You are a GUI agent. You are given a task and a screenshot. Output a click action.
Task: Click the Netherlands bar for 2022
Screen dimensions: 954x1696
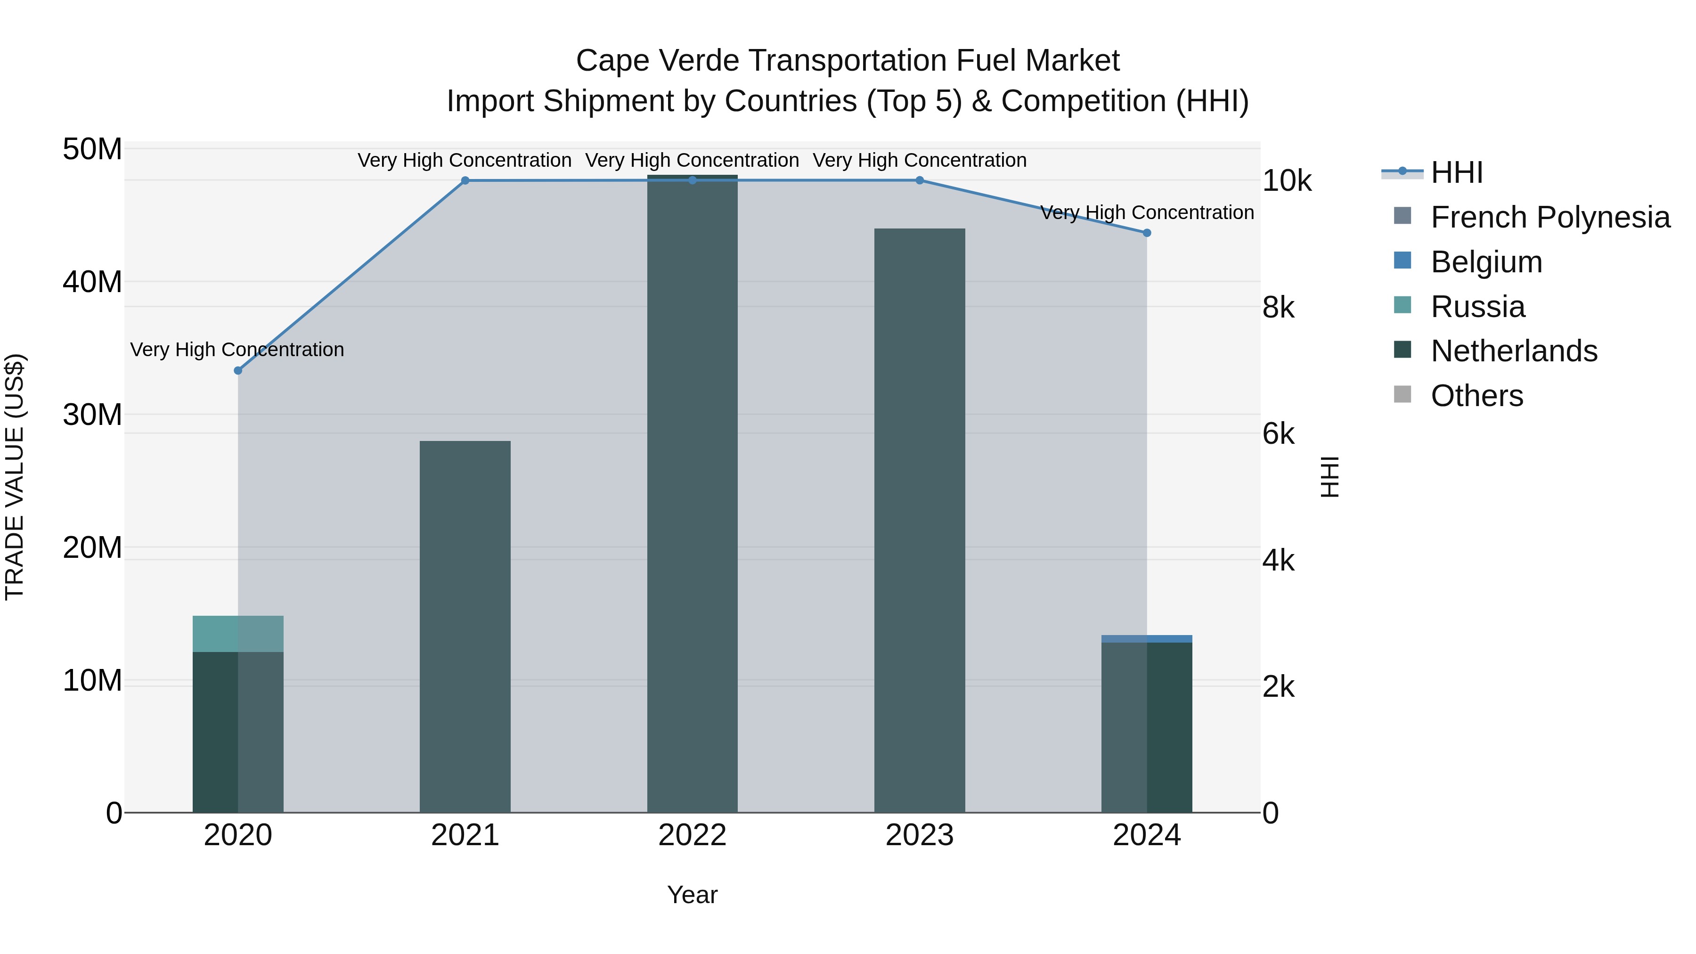pos(692,494)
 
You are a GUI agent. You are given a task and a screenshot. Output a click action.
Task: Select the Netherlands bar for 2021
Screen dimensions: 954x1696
pos(465,626)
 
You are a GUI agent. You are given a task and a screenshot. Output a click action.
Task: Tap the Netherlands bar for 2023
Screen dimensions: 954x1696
pos(919,520)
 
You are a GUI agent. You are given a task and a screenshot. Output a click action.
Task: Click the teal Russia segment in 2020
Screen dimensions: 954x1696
pos(238,633)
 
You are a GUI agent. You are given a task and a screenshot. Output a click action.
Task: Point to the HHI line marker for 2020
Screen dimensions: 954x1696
pos(238,371)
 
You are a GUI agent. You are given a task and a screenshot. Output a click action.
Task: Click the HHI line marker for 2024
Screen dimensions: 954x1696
pos(1146,232)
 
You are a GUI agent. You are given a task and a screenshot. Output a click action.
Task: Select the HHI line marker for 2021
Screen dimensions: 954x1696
pos(465,180)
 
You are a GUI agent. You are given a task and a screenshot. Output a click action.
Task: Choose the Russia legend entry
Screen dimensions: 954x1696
pos(1477,307)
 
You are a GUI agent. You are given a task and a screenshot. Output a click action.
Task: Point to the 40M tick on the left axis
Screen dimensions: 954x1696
pos(92,282)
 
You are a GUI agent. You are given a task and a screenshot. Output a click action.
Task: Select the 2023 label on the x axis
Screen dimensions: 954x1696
pos(919,835)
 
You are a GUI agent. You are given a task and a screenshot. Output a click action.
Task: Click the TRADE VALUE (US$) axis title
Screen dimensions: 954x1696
pos(15,477)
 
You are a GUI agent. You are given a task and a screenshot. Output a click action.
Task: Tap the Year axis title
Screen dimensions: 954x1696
pos(692,895)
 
